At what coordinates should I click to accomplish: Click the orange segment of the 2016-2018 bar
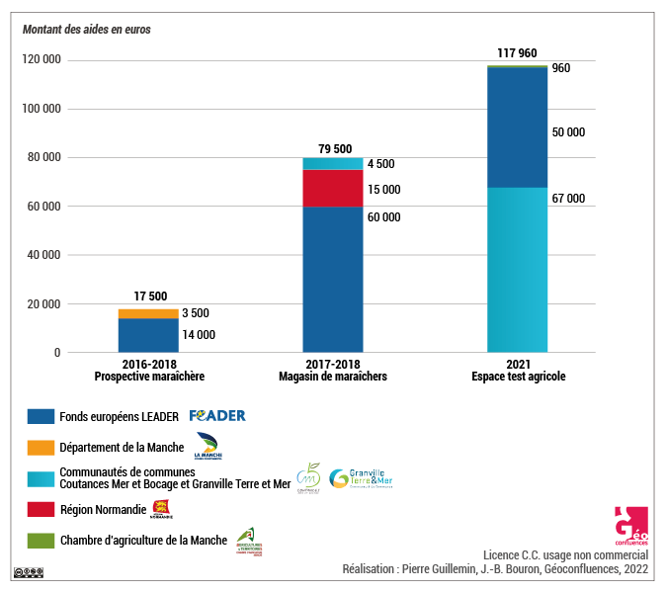148,313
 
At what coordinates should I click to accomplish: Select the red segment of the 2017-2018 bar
332,189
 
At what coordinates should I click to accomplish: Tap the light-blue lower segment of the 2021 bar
517,269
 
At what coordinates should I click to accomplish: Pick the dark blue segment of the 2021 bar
517,127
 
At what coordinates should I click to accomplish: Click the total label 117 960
517,52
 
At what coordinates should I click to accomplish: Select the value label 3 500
195,313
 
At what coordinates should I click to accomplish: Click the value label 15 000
383,190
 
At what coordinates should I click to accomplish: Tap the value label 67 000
568,199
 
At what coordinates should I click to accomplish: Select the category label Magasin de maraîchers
332,377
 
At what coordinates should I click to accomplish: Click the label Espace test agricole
517,377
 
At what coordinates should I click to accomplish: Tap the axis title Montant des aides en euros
86,29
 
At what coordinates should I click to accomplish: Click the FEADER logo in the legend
217,416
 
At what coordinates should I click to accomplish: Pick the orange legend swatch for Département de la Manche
41,448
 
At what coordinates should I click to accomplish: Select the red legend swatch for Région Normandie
41,510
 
